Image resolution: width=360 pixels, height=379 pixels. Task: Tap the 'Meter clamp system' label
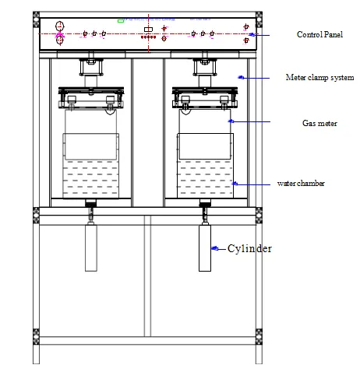tap(320, 78)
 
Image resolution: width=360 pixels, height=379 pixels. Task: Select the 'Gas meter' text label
tap(319, 122)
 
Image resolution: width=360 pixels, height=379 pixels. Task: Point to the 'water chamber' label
tap(301, 184)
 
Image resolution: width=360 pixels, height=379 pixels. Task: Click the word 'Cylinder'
tap(250, 249)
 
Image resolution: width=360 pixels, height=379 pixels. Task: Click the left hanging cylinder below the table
tap(90, 247)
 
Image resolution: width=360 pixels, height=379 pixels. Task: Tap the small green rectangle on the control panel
tap(121, 21)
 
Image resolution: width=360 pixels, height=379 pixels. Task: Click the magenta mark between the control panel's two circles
tap(60, 35)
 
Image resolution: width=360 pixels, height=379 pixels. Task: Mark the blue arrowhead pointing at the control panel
tap(252, 35)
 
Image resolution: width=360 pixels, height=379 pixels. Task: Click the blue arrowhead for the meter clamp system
tap(241, 77)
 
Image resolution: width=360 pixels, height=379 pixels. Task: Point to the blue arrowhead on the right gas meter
tap(230, 121)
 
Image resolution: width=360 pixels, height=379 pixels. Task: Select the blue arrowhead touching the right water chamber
tap(235, 184)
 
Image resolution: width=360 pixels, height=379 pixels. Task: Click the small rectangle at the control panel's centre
tap(148, 30)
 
